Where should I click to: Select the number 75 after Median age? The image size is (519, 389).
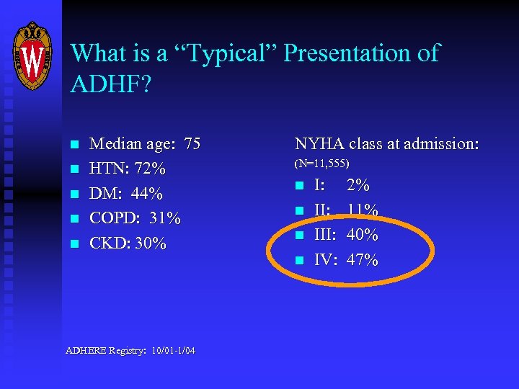pos(192,145)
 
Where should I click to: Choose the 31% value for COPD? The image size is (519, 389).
pos(165,218)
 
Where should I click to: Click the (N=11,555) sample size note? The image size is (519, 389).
pos(322,165)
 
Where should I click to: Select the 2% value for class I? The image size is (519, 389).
pos(358,186)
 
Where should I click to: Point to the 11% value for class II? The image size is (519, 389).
pos(363,210)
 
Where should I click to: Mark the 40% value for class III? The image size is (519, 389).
pos(363,235)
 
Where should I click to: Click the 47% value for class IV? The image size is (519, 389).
pos(363,260)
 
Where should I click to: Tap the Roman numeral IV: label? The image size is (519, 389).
pos(326,260)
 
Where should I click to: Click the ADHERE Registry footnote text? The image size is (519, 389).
pos(130,351)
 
